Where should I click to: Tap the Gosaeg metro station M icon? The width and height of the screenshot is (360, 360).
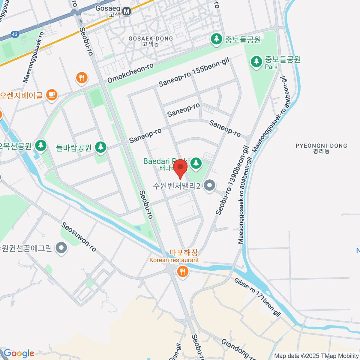click(x=127, y=11)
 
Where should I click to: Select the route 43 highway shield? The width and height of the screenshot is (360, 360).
click(x=15, y=34)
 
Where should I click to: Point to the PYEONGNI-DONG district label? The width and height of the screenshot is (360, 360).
click(x=321, y=146)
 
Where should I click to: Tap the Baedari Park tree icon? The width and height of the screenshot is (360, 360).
click(x=196, y=163)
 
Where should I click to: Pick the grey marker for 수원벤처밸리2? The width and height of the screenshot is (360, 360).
click(x=209, y=185)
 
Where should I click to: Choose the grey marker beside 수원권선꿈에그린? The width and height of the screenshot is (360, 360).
click(x=62, y=248)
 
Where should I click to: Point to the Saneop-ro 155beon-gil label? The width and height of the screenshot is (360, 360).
click(x=194, y=72)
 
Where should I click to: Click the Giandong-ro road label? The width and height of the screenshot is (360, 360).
click(x=238, y=349)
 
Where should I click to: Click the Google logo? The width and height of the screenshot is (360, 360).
click(x=19, y=353)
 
